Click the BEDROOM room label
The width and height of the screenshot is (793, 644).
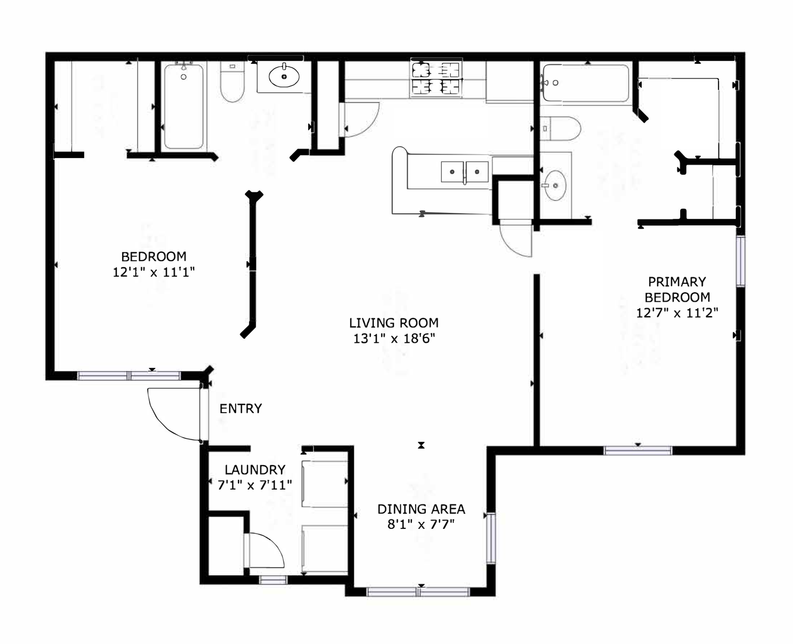click(154, 256)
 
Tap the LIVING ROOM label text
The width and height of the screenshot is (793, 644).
click(394, 323)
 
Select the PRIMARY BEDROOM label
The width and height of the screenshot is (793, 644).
click(677, 289)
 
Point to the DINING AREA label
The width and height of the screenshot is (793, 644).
click(421, 509)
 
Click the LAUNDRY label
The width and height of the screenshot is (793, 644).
click(255, 469)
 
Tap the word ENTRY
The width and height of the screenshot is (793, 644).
click(240, 408)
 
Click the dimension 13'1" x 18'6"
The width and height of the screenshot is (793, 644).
click(394, 338)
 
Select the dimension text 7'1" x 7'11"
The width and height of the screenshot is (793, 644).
click(255, 485)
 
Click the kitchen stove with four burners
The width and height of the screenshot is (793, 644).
click(436, 78)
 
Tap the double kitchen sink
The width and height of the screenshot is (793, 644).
click(464, 172)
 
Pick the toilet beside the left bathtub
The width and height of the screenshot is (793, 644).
click(232, 82)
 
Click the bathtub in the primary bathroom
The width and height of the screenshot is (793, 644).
click(586, 83)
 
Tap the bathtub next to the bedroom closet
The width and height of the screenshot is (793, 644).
click(184, 107)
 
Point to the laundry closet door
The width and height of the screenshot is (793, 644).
click(267, 550)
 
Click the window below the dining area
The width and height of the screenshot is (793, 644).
click(418, 592)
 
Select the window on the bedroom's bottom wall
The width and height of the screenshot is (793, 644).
click(129, 376)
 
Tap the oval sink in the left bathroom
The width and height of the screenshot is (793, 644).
click(284, 77)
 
